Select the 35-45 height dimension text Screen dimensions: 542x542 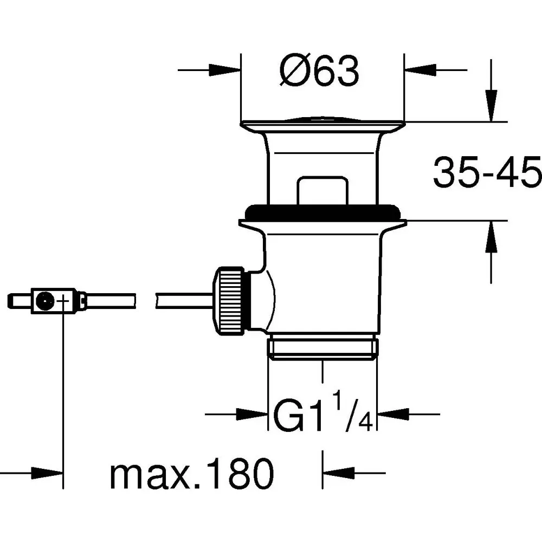pyautogui.click(x=487, y=172)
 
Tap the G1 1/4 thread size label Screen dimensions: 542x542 pyautogui.click(x=323, y=415)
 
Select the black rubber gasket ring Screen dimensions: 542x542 pyautogui.click(x=323, y=211)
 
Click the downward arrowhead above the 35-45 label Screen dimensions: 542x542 pyautogui.click(x=492, y=106)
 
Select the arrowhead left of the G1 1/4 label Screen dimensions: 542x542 pyautogui.click(x=254, y=415)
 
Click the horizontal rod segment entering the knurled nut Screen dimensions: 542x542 pyautogui.click(x=184, y=299)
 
